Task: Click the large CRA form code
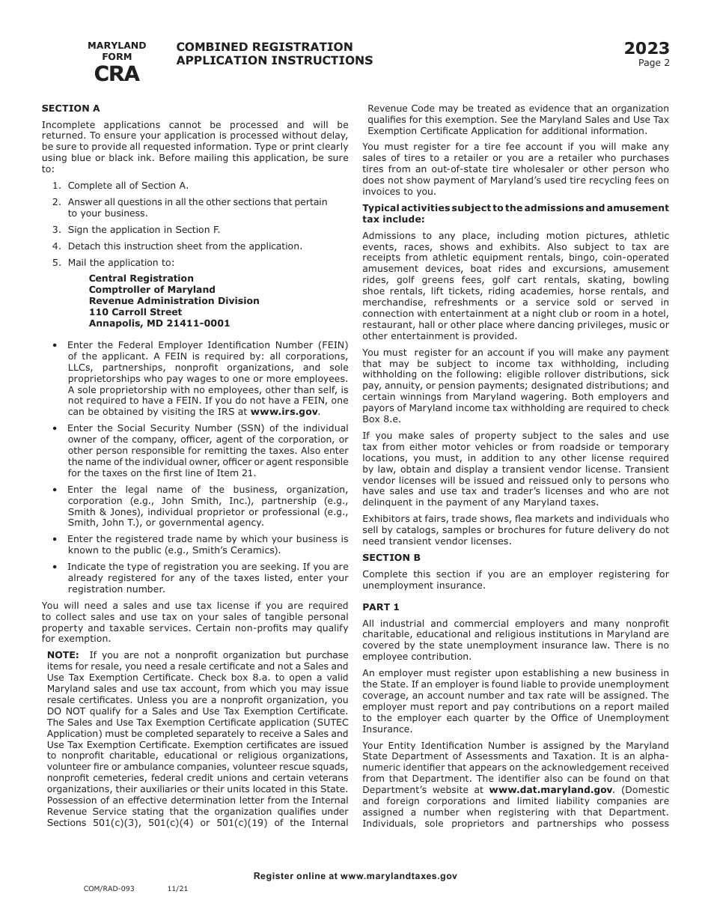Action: click(x=116, y=74)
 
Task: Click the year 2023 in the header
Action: click(x=647, y=49)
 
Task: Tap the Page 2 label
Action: click(x=653, y=63)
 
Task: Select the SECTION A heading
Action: click(x=70, y=109)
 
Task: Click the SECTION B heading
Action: click(x=391, y=558)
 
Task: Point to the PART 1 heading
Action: click(x=381, y=607)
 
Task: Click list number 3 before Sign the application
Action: click(x=56, y=230)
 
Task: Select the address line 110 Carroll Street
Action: click(x=135, y=312)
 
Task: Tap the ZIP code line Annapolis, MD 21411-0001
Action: click(x=159, y=323)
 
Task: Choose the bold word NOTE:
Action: click(x=63, y=655)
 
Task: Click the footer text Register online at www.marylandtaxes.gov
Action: click(x=355, y=876)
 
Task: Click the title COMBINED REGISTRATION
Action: click(x=264, y=47)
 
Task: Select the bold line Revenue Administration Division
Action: click(x=174, y=301)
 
